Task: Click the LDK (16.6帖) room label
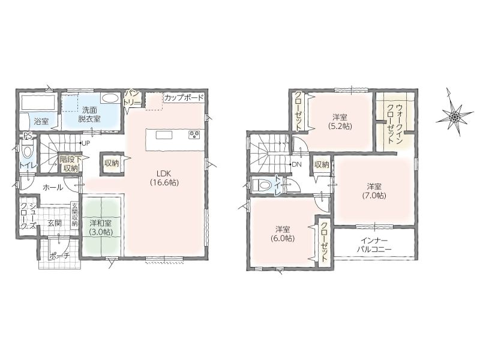click(x=164, y=178)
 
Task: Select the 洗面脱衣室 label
click(x=89, y=115)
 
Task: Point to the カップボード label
click(x=184, y=98)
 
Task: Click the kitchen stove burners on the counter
click(x=194, y=135)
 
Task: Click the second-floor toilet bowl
click(x=261, y=185)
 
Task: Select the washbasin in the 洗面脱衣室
click(x=110, y=98)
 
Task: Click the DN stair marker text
click(x=296, y=164)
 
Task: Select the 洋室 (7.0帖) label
click(x=374, y=191)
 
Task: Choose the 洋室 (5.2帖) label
click(x=340, y=122)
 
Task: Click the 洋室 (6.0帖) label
click(x=283, y=234)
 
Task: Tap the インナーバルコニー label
click(x=374, y=245)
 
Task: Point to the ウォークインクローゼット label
click(x=395, y=124)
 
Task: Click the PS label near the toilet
click(x=28, y=136)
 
